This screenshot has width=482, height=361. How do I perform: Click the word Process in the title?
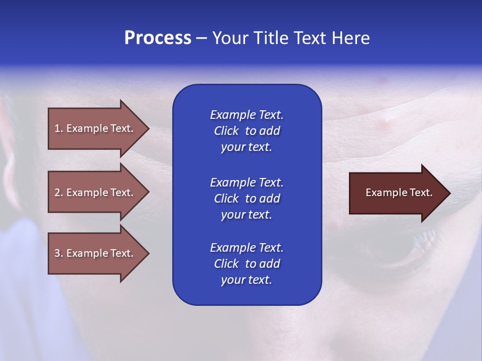158,38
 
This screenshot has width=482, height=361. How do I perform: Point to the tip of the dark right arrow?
449,193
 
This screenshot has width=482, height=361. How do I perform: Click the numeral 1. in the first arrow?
58,128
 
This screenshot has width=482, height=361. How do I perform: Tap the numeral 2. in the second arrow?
58,193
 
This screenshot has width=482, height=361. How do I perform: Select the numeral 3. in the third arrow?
58,253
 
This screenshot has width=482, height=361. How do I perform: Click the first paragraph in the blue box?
247,131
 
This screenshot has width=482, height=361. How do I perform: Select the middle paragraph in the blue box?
247,198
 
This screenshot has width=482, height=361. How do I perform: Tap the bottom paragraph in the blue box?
247,264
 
